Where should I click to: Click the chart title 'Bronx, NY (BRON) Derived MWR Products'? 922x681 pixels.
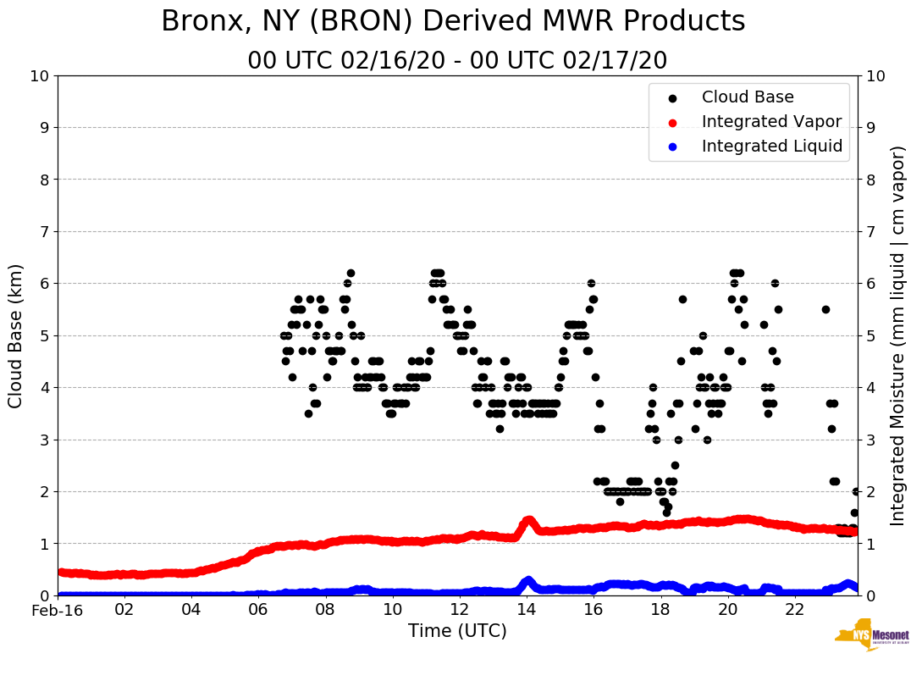click(453, 21)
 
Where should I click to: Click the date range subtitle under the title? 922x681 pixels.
click(457, 61)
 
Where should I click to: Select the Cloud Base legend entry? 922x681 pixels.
click(748, 97)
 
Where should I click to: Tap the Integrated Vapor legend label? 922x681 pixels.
click(771, 122)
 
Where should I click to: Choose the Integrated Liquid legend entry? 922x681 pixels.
click(771, 147)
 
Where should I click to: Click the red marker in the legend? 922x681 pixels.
click(673, 122)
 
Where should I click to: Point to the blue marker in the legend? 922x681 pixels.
click(673, 147)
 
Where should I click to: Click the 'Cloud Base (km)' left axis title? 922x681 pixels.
click(16, 335)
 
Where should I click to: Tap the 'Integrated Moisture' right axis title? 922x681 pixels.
click(898, 335)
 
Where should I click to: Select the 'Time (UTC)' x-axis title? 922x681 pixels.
click(457, 631)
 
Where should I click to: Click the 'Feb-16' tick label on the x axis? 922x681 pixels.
click(58, 610)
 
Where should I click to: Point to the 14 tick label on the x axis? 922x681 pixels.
click(526, 610)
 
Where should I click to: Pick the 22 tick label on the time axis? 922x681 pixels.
click(794, 610)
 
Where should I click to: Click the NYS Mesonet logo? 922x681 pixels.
click(871, 638)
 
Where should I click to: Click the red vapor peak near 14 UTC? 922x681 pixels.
click(528, 520)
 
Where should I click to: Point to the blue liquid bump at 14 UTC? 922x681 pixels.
click(528, 580)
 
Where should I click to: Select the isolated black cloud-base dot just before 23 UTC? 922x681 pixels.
click(825, 309)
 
